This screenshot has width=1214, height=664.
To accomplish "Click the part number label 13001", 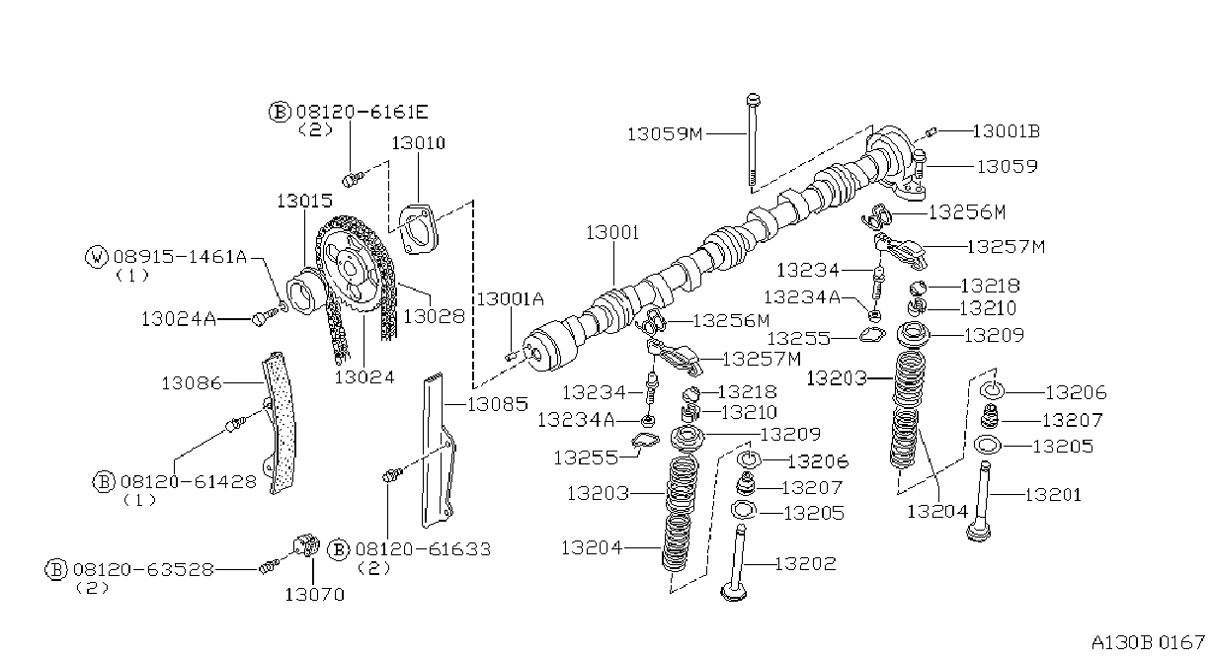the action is pos(612,233).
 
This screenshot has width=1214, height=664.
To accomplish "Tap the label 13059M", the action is pos(665,133).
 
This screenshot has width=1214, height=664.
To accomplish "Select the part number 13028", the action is pos(434,316).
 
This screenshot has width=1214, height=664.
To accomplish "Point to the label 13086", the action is pos(192,383).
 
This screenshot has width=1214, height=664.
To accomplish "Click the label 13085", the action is pos(498,404).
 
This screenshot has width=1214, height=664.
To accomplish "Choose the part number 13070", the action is pos(315,595).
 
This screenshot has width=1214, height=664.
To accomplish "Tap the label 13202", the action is pos(805,564).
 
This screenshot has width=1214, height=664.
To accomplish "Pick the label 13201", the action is pos(1053,494).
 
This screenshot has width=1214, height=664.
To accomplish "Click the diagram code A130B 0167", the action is pos(1148,643).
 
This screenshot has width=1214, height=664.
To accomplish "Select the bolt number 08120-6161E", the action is pos(363,113).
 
